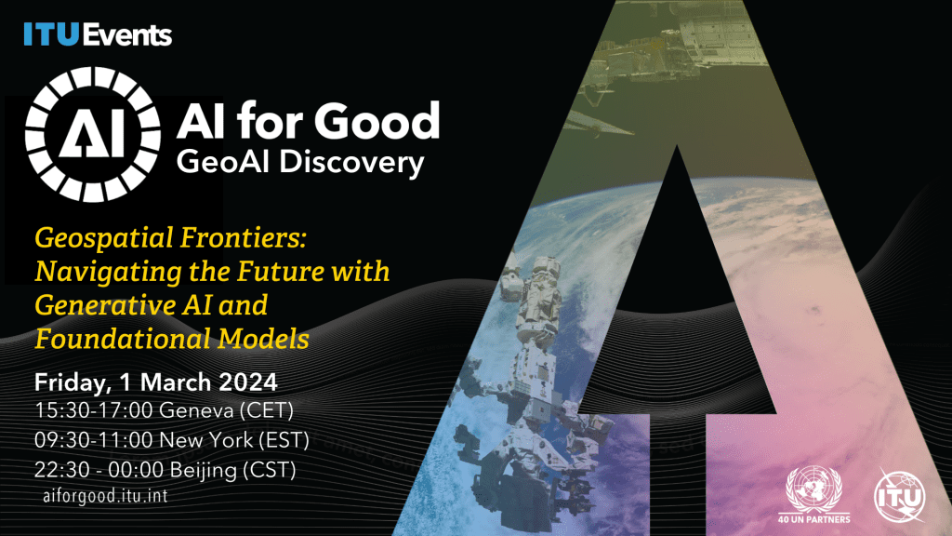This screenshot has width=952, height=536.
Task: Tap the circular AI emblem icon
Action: coord(88,141)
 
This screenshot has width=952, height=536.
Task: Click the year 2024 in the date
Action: coord(245,382)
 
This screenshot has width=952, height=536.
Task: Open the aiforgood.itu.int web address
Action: coord(106,496)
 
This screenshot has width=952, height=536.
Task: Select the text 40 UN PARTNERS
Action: coord(813,518)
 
